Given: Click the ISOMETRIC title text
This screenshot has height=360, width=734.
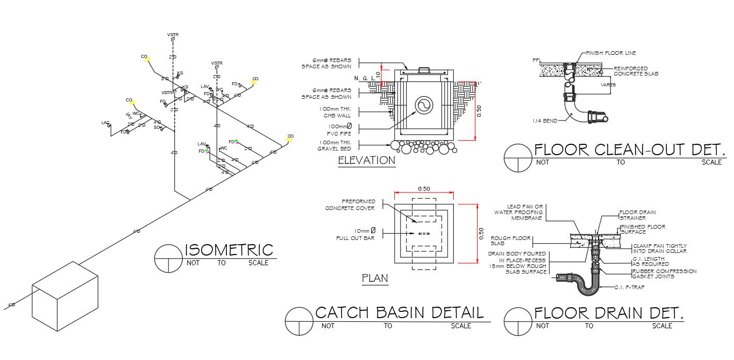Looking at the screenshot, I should click(228, 250).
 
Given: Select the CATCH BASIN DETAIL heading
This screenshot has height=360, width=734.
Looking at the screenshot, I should click(399, 312).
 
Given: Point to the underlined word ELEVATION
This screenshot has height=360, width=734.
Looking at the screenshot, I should click(366, 161).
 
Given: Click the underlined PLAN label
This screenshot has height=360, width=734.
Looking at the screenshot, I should click(375, 279).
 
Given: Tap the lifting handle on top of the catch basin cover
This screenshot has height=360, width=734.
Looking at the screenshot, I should click(424, 69).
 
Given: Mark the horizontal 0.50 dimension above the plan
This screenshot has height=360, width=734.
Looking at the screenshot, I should click(424, 189).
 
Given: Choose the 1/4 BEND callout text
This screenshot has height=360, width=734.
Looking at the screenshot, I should click(545, 121).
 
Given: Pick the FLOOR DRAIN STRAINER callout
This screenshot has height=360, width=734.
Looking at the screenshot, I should click(638, 215).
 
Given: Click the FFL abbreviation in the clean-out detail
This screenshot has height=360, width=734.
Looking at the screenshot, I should click(537, 61).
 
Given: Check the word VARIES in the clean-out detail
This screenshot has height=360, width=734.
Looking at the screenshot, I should click(608, 85).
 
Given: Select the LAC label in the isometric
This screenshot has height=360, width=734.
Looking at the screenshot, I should click(105, 123).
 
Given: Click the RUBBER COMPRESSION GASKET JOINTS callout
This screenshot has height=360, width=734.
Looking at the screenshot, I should click(664, 274).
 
